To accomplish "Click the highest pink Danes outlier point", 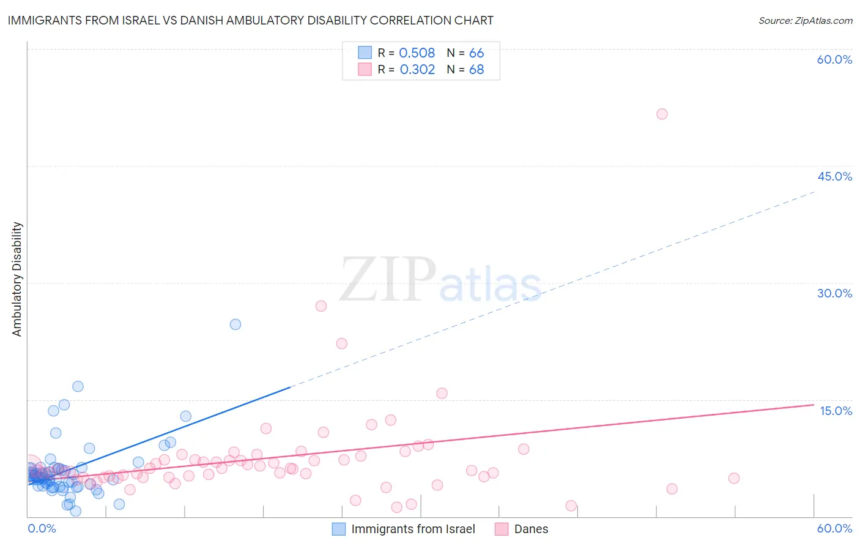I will [x=662, y=114].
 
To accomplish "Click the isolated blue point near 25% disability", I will [x=235, y=324].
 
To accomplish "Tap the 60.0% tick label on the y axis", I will [x=834, y=59].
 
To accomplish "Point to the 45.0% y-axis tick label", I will [x=834, y=176].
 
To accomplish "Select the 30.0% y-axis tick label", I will [x=834, y=293].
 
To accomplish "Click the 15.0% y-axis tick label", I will [x=836, y=411].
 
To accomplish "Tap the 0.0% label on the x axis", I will [x=42, y=528].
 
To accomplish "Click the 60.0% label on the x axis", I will [x=834, y=528].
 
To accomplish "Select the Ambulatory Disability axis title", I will [x=17, y=279].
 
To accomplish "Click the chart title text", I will [x=250, y=20].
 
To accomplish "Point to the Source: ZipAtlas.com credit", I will [x=805, y=20].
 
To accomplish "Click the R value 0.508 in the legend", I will [x=417, y=53].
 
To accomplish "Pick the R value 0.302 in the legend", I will [x=417, y=70].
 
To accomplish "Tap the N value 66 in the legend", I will [x=476, y=53].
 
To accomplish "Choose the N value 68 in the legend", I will [x=476, y=70].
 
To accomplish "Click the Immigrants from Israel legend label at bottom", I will [x=413, y=529].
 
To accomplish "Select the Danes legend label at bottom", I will [x=531, y=529].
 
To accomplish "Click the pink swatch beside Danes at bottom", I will [x=502, y=529].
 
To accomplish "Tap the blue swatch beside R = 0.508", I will [x=365, y=53].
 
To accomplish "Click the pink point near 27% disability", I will [x=321, y=306].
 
